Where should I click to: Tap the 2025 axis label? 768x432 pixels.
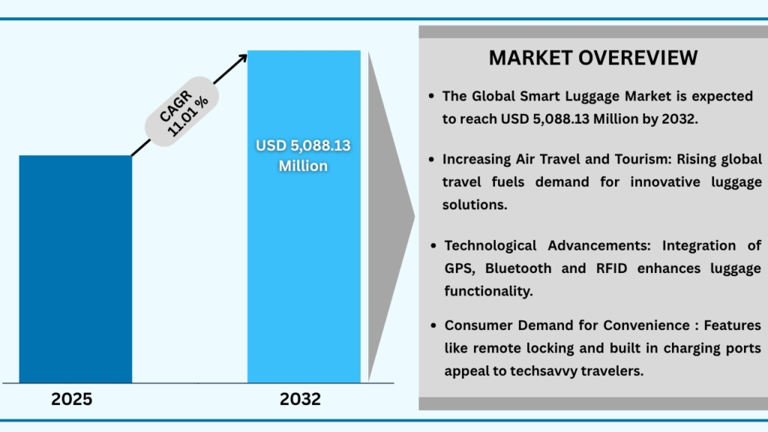coord(72,399)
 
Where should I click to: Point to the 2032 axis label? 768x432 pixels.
coord(301,399)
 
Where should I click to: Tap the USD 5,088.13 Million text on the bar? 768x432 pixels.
coord(304,156)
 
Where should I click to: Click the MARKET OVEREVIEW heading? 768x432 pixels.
coord(592,58)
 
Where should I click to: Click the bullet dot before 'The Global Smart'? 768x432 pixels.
coord(432,97)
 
